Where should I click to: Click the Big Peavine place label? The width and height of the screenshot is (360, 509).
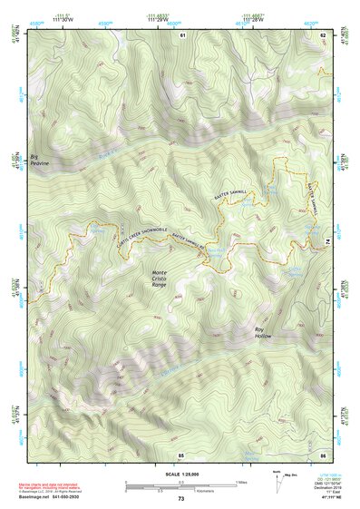coord(43,160)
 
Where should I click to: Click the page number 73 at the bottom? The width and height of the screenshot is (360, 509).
coord(180,499)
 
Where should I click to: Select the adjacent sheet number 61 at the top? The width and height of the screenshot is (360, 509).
coord(181,34)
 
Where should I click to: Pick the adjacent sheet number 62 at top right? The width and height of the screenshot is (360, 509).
coord(323,34)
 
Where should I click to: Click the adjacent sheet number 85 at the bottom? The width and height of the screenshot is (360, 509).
coord(180,454)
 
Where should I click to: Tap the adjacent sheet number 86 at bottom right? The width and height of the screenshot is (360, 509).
coord(323,454)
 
